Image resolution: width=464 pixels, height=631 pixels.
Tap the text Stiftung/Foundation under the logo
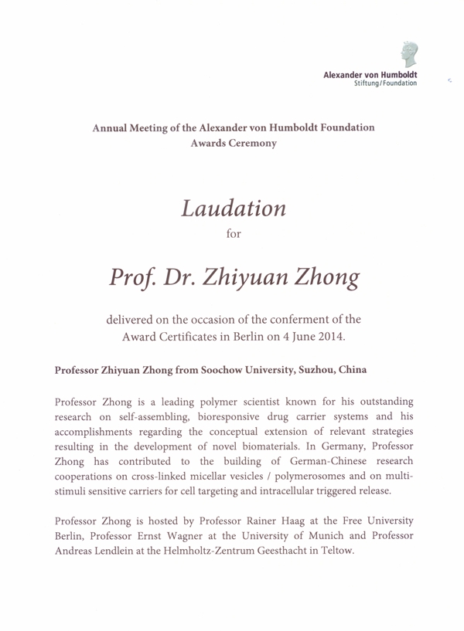click(385, 83)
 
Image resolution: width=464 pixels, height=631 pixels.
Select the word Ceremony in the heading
click(252, 144)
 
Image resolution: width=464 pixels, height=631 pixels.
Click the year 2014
click(326, 338)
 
